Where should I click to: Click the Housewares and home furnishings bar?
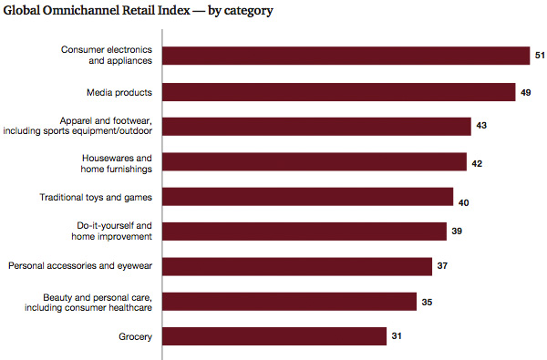click(x=315, y=162)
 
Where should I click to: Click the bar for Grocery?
click(x=276, y=336)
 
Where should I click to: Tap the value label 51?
click(x=538, y=57)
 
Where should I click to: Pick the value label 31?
click(x=397, y=336)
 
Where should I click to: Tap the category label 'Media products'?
click(x=118, y=92)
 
